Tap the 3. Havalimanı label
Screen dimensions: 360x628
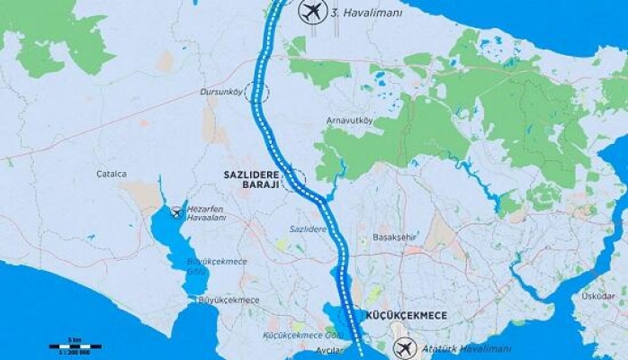click(x=366, y=13)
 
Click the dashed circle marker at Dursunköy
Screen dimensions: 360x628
click(x=262, y=93)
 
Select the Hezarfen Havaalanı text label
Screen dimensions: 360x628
click(x=206, y=212)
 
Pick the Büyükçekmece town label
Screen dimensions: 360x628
click(x=229, y=300)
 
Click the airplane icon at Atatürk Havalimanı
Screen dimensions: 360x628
click(x=407, y=346)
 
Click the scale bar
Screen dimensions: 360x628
click(x=75, y=346)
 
